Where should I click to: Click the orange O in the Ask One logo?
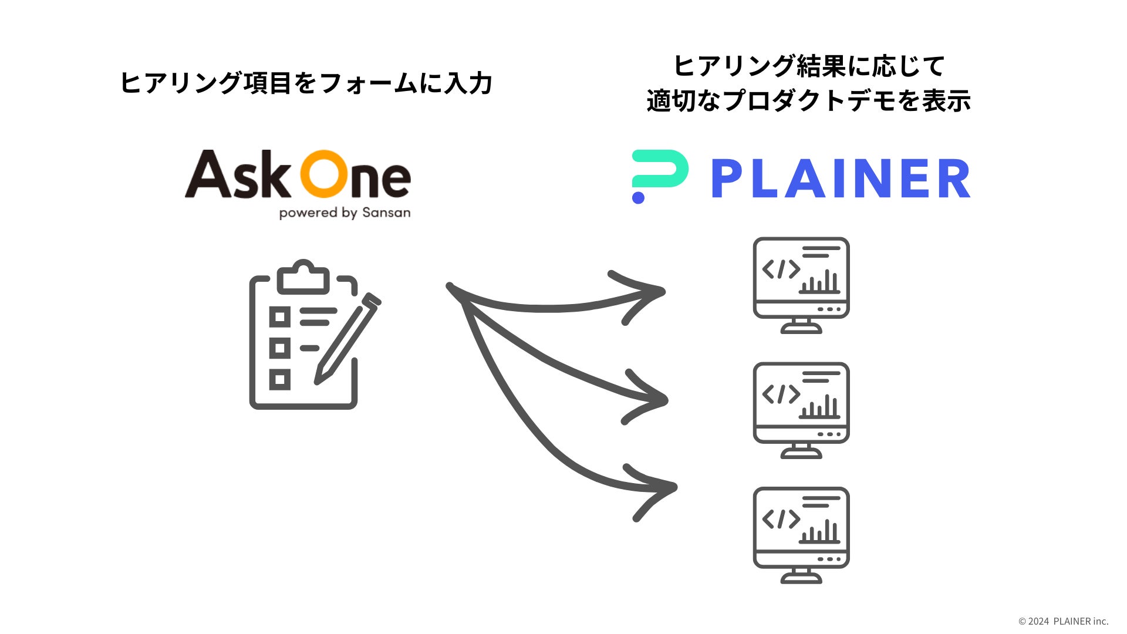[x=325, y=174]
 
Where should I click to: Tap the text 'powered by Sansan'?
[x=345, y=213]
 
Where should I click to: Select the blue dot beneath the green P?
[x=638, y=197]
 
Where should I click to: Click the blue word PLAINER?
[x=841, y=178]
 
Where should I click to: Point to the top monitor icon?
[x=801, y=285]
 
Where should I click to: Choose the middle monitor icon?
[x=801, y=410]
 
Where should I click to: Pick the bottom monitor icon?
[x=801, y=534]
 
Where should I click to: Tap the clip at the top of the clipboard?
[x=303, y=276]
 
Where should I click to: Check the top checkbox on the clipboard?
[x=279, y=317]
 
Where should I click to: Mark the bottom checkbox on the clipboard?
[x=279, y=379]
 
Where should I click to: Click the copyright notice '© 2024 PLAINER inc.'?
[x=1063, y=621]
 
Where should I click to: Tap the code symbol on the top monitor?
[x=781, y=269]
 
